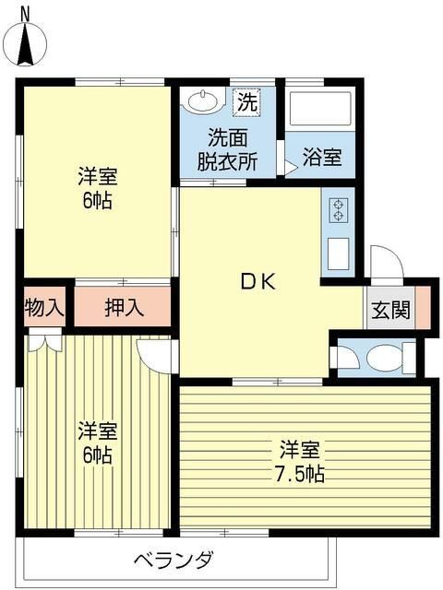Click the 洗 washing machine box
[246, 101]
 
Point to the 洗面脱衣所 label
[227, 148]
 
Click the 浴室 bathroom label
[322, 157]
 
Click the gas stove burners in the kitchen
[337, 210]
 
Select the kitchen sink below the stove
[337, 253]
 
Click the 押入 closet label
[123, 308]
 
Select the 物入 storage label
[43, 308]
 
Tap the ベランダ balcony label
[174, 560]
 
